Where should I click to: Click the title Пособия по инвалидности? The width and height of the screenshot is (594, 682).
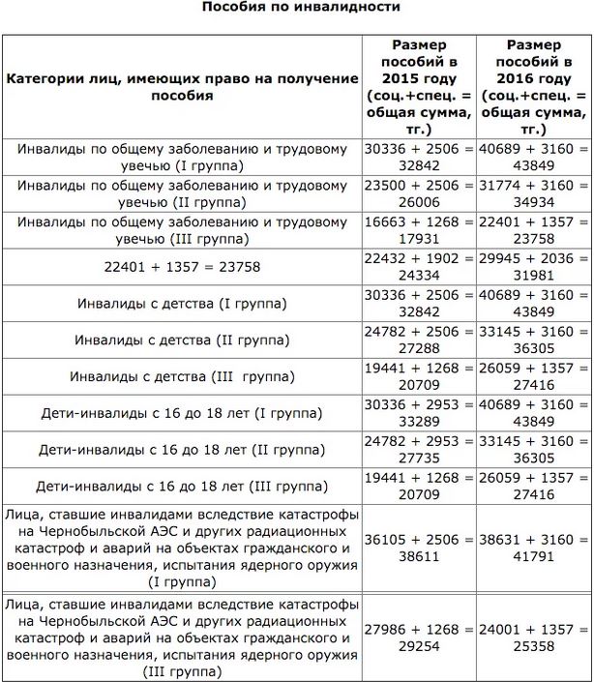pos(300,8)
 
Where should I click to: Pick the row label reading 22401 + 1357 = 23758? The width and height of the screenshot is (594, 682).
pos(182,266)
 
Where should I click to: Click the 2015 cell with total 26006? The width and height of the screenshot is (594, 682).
pos(420,193)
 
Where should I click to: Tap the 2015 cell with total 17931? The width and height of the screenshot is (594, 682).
pos(420,229)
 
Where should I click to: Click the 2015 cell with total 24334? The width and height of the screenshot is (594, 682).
pos(420,266)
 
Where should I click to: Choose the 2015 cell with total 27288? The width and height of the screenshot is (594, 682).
pos(420,340)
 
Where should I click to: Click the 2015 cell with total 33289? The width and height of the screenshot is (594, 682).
pos(420,413)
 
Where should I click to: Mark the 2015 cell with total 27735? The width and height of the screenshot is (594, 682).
pos(420,450)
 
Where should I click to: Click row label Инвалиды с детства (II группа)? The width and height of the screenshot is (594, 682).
pos(182,340)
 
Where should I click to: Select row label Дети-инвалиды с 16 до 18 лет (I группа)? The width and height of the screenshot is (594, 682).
pos(182,413)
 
